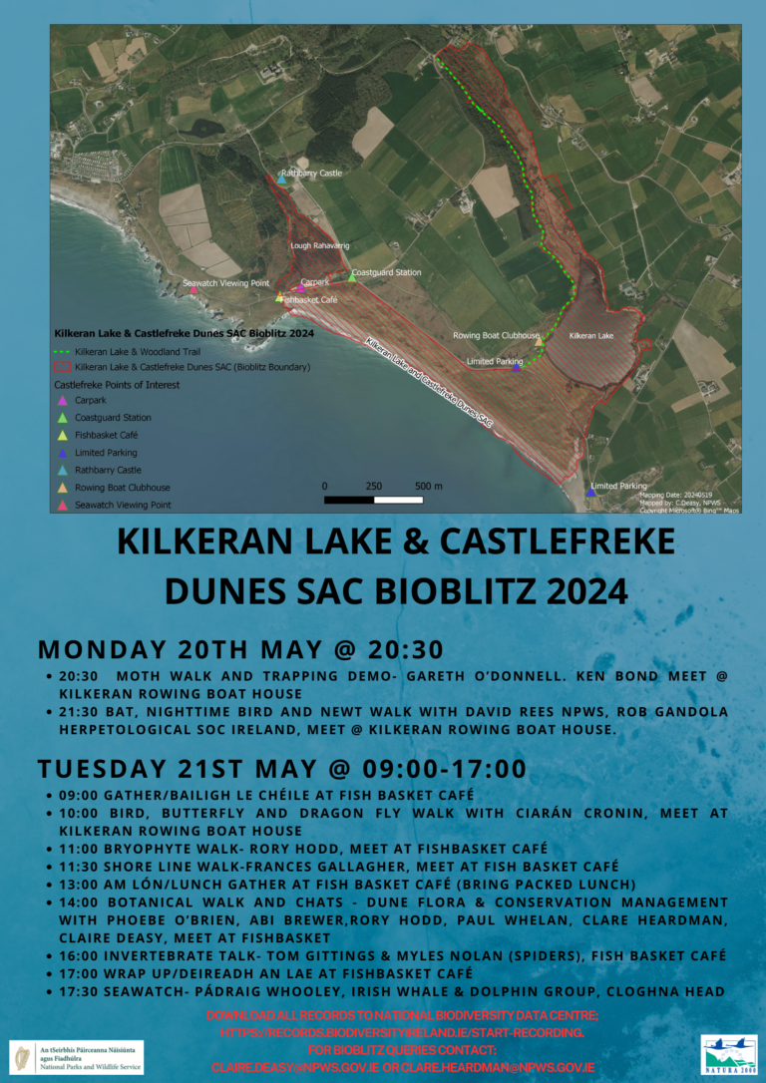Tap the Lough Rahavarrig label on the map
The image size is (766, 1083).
[319, 244]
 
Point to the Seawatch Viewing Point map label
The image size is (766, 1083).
[226, 283]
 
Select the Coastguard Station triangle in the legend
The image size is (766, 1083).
[63, 418]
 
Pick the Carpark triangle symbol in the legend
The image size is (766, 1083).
[63, 400]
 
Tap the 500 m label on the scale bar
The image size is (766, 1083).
[428, 486]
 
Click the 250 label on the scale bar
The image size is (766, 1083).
[373, 486]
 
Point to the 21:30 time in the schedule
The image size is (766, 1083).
[81, 711]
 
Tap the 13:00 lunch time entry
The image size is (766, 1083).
[81, 884]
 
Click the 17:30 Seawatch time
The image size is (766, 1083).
[81, 990]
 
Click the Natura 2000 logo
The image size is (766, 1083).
[728, 1054]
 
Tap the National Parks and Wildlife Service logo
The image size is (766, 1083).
[77, 1056]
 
